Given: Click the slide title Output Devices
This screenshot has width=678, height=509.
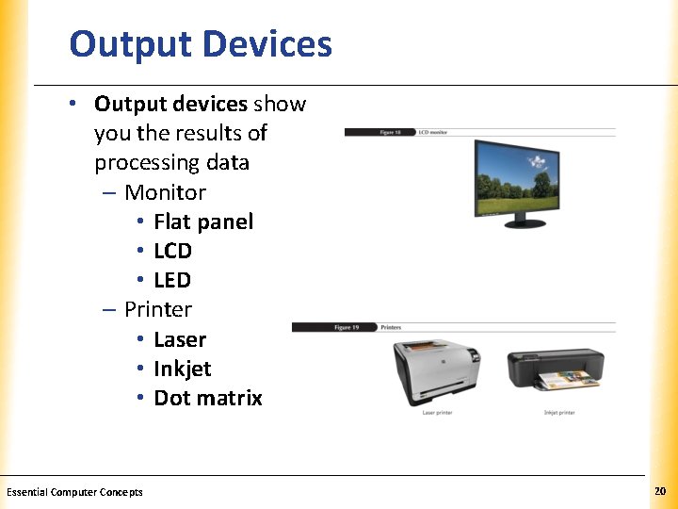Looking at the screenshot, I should pyautogui.click(x=201, y=44).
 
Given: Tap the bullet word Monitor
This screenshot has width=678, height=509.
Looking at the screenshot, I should pyautogui.click(x=165, y=192).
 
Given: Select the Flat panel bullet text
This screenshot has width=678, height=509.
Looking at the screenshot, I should pyautogui.click(x=203, y=222).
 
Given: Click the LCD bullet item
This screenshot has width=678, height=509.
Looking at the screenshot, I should pyautogui.click(x=172, y=251).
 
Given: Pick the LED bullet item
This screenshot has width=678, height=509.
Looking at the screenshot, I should pyautogui.click(x=172, y=280).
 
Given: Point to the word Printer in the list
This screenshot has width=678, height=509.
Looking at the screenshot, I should pyautogui.click(x=158, y=309).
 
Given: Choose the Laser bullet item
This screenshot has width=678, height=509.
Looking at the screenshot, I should pyautogui.click(x=180, y=339).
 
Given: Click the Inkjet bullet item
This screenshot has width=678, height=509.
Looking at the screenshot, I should pyautogui.click(x=183, y=369).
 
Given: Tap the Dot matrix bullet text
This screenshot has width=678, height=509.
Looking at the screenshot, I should pyautogui.click(x=208, y=398).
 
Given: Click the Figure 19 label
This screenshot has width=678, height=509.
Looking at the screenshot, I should pyautogui.click(x=347, y=327).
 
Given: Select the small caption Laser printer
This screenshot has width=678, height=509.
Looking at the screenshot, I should pyautogui.click(x=437, y=413).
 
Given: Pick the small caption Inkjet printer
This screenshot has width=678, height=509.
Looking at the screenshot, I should pyautogui.click(x=559, y=413).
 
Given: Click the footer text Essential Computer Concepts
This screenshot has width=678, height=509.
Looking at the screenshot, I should pyautogui.click(x=74, y=492).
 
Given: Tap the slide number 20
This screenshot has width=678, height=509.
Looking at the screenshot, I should pyautogui.click(x=659, y=492).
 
